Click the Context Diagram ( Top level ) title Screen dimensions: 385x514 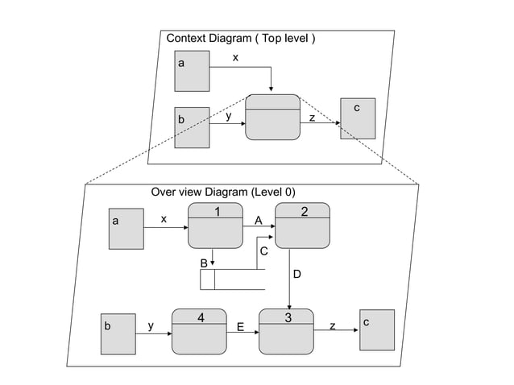click(x=240, y=38)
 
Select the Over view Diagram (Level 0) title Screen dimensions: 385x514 click(x=223, y=192)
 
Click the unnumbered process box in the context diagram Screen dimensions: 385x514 click(x=272, y=118)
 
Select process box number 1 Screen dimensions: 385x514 click(x=215, y=226)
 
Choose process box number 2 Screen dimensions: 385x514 click(x=303, y=226)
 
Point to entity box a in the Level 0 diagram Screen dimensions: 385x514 click(x=126, y=228)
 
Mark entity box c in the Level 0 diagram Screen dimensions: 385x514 click(x=377, y=329)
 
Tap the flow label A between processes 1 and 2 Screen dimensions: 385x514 click(x=259, y=220)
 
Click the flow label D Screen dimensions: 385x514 click(x=296, y=275)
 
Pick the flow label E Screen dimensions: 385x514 click(x=240, y=327)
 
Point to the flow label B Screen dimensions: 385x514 click(x=204, y=263)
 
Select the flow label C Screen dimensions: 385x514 click(x=263, y=252)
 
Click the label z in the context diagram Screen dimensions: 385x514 click(x=313, y=118)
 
